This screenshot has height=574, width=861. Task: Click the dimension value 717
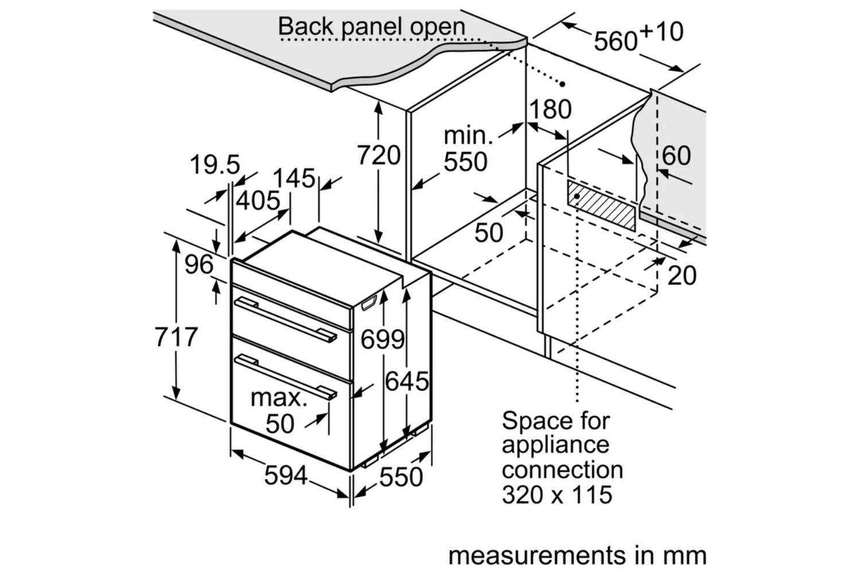[176, 337]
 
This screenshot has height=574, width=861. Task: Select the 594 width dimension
[285, 475]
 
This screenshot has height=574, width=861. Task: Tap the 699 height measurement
[382, 339]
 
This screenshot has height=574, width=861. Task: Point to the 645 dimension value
[407, 381]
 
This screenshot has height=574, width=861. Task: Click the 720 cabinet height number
[379, 155]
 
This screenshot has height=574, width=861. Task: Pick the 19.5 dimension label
[215, 165]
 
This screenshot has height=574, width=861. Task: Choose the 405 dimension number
[258, 201]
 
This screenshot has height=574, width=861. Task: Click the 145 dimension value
[294, 179]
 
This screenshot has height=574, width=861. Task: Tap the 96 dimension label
[199, 265]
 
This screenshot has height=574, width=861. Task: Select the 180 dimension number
[550, 109]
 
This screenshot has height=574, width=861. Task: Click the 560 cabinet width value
[615, 41]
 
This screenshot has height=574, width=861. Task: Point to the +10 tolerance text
[661, 31]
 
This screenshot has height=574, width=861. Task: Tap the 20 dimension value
[682, 276]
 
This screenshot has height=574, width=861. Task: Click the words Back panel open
[371, 26]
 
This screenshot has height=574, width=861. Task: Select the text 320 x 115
[557, 494]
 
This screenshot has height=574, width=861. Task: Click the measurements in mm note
[577, 555]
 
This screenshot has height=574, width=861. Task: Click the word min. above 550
[468, 135]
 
